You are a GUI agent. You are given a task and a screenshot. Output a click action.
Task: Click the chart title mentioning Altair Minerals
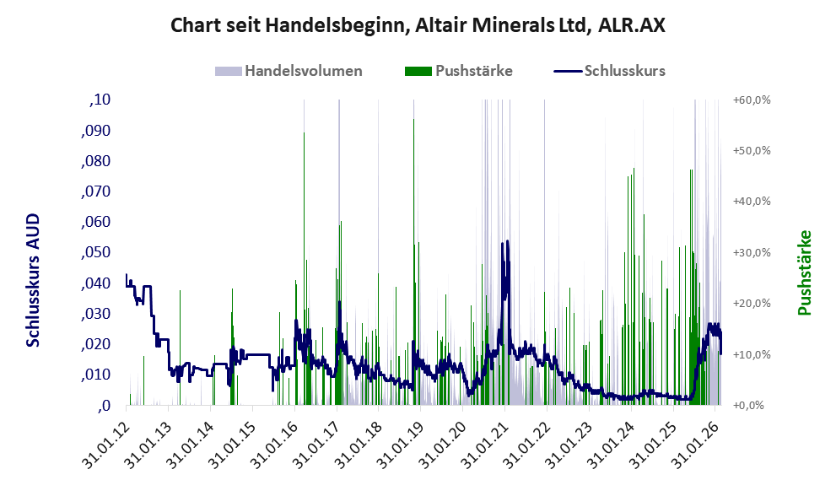click(x=418, y=25)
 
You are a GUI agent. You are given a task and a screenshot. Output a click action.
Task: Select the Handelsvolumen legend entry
click(x=303, y=71)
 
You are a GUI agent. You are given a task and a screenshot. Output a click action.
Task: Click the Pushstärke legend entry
click(x=473, y=71)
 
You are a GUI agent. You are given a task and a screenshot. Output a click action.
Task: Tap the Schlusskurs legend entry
click(x=624, y=71)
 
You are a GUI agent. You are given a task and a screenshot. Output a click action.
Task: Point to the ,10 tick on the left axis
click(x=100, y=100)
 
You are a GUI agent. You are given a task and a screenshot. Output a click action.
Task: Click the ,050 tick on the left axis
click(x=95, y=253)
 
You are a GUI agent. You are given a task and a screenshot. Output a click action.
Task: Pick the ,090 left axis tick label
click(x=95, y=131)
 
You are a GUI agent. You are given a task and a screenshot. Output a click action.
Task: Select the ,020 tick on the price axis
click(x=95, y=344)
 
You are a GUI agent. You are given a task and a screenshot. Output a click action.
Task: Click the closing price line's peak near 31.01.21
click(x=504, y=242)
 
